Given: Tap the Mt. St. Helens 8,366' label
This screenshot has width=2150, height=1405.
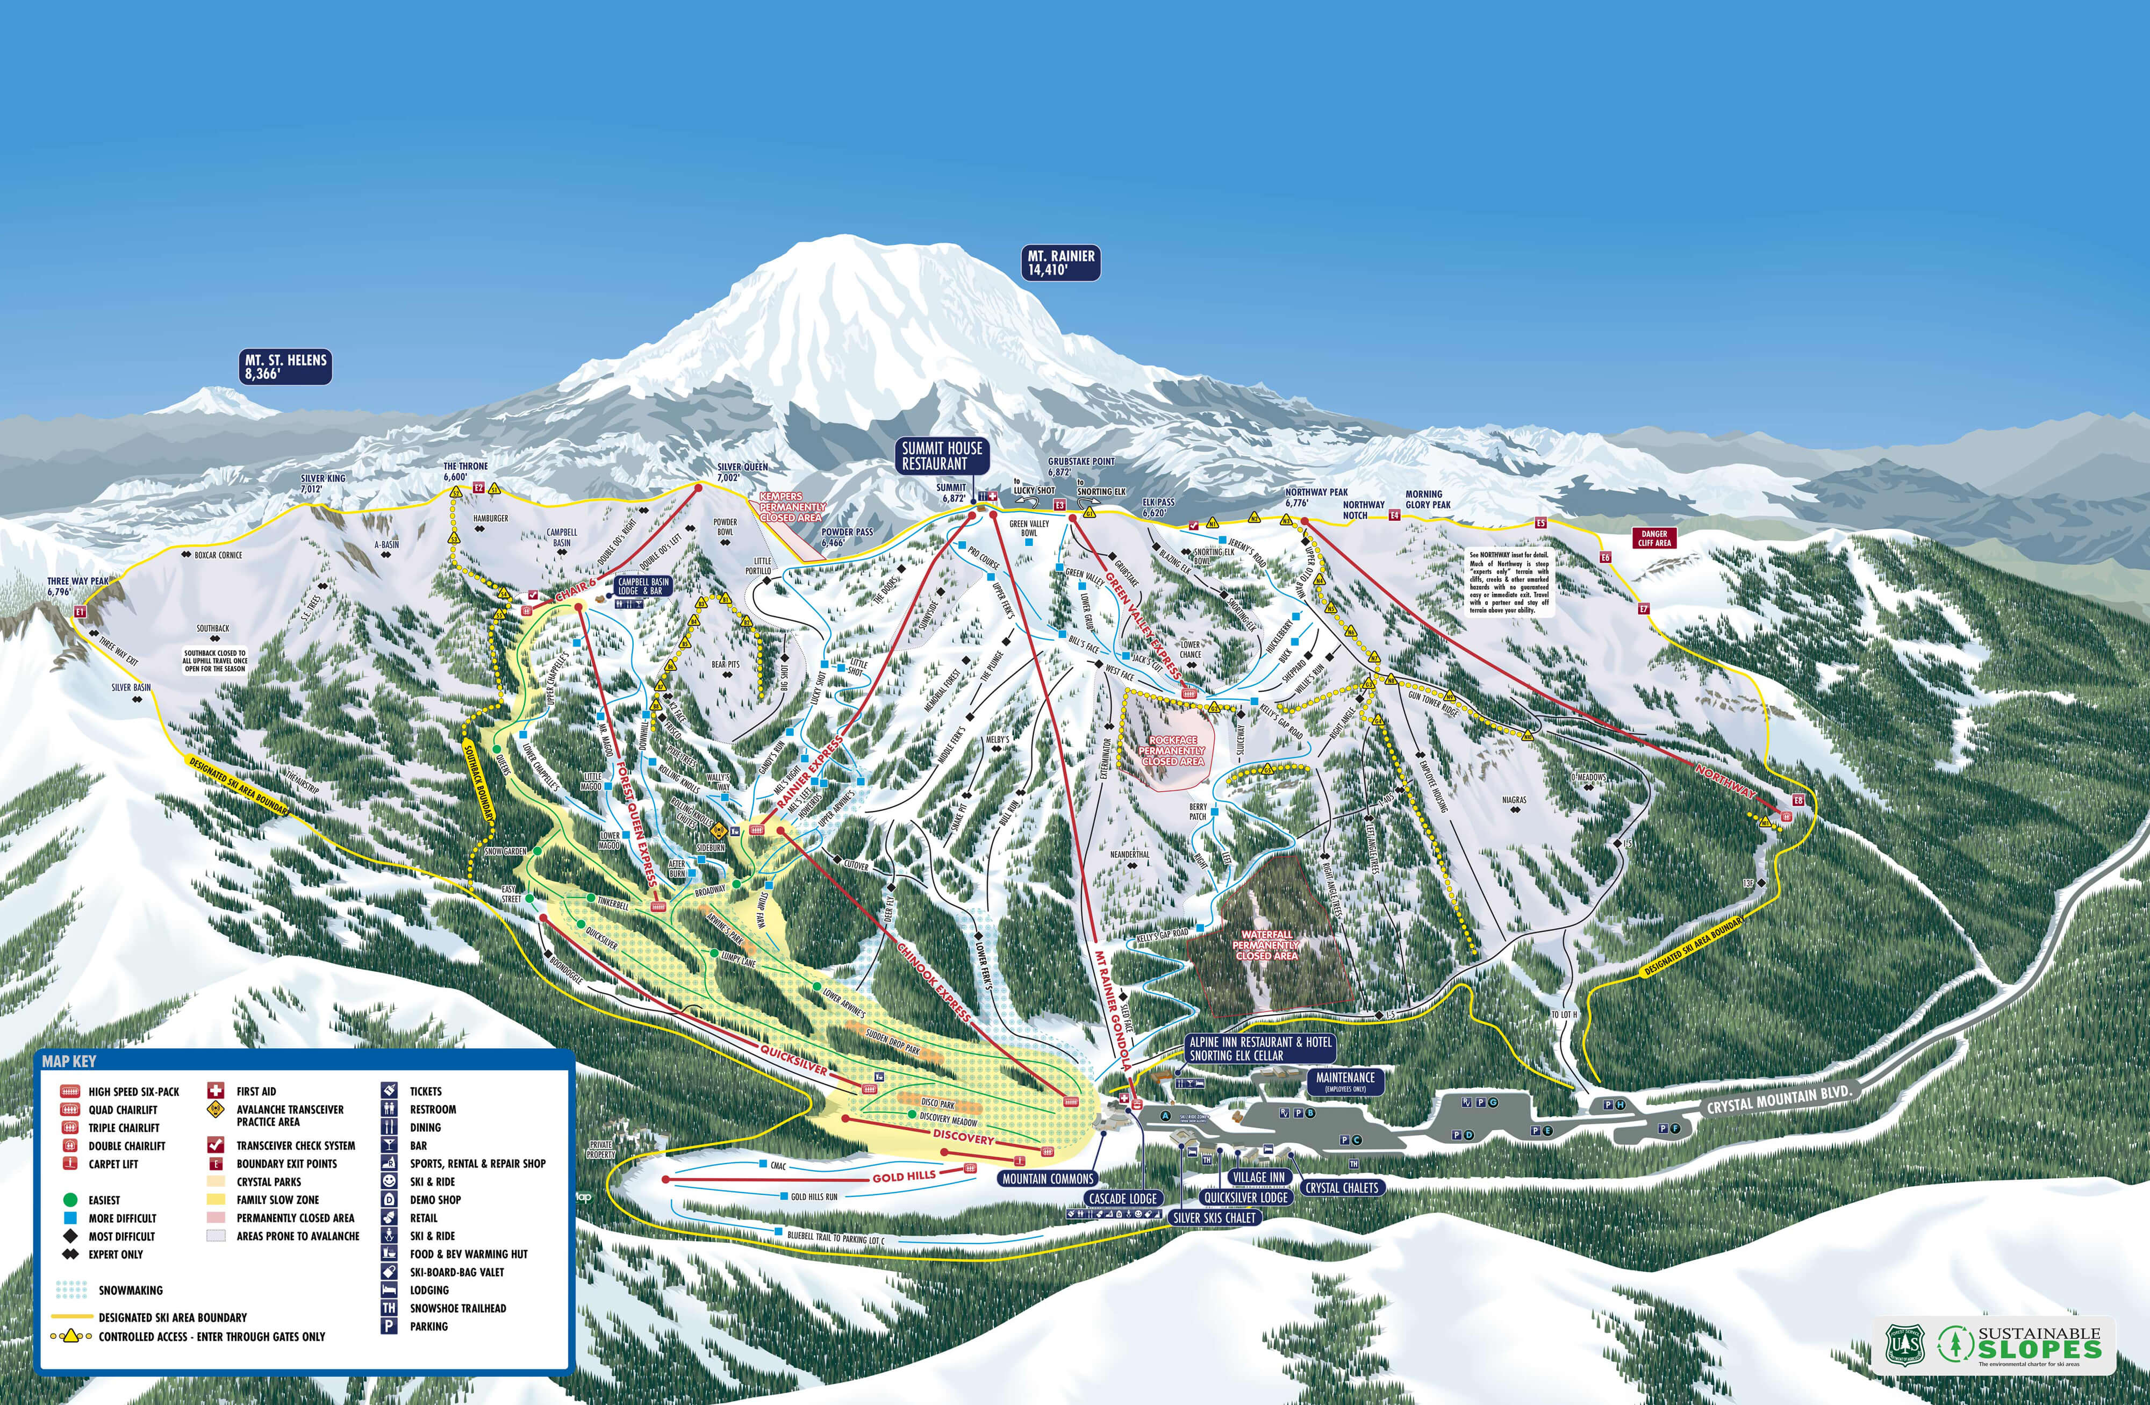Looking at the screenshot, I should pyautogui.click(x=285, y=367).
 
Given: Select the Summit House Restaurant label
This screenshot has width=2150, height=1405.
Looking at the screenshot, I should pyautogui.click(x=941, y=455).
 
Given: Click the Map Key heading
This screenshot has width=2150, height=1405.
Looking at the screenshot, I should pyautogui.click(x=69, y=1062).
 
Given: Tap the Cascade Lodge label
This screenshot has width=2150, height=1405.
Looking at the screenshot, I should pyautogui.click(x=1123, y=1198).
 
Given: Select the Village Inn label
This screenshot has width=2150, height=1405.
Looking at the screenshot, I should pyautogui.click(x=1258, y=1177).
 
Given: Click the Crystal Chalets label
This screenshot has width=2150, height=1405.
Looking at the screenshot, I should pyautogui.click(x=1342, y=1187).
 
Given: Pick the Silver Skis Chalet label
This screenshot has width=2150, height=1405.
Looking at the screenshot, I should pyautogui.click(x=1213, y=1217).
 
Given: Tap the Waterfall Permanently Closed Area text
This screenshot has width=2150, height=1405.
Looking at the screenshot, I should pyautogui.click(x=1266, y=945).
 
